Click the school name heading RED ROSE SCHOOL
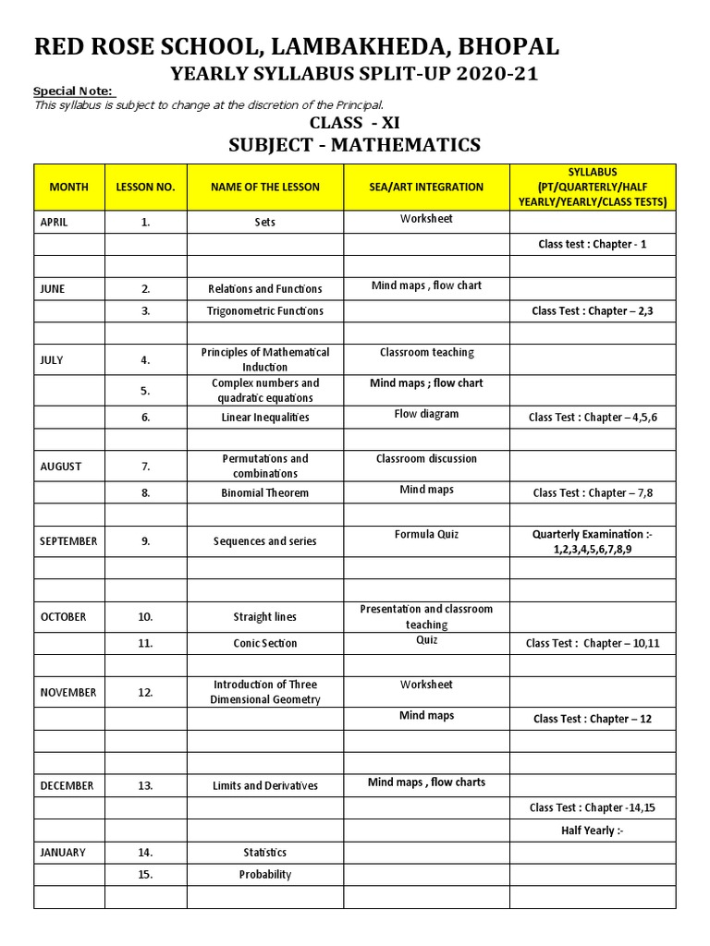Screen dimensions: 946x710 pyautogui.click(x=296, y=47)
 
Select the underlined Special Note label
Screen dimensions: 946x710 pyautogui.click(x=73, y=91)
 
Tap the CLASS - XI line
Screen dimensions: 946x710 pyautogui.click(x=354, y=123)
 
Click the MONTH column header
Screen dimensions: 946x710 pyautogui.click(x=69, y=187)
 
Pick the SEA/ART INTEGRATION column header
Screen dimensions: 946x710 pyautogui.click(x=426, y=187)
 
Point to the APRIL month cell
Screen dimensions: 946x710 pyautogui.click(x=54, y=222)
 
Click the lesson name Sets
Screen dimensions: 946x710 pyautogui.click(x=265, y=223)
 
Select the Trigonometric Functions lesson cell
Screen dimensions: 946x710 pyautogui.click(x=265, y=311)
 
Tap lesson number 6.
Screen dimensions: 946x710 pyautogui.click(x=146, y=418)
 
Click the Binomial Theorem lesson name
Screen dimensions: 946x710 pyautogui.click(x=265, y=493)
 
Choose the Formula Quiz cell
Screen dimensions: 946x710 pyautogui.click(x=426, y=535)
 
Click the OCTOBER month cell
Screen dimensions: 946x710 pyautogui.click(x=64, y=617)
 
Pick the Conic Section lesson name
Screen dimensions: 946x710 pyautogui.click(x=265, y=644)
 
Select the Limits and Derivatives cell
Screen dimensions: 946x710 pyautogui.click(x=265, y=786)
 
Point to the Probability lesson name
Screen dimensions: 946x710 pyautogui.click(x=265, y=875)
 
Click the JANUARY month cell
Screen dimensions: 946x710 pyautogui.click(x=62, y=853)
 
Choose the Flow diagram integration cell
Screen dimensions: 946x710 pyautogui.click(x=426, y=415)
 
